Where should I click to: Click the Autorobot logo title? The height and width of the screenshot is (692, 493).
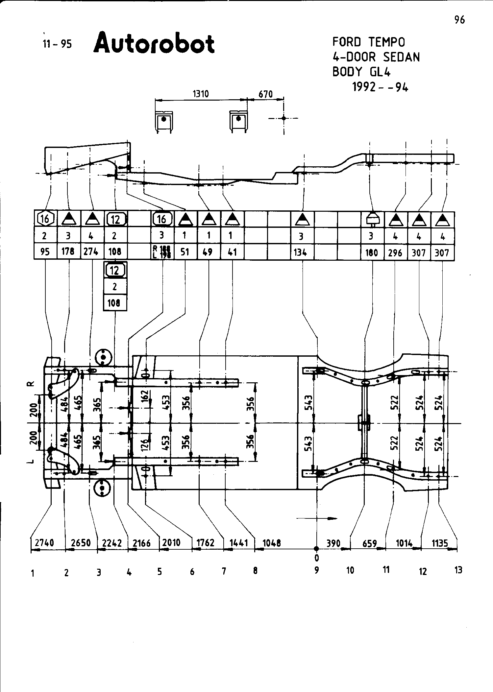click(154, 43)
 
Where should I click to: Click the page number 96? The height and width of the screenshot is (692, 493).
click(459, 20)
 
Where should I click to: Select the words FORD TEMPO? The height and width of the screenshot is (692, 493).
click(369, 42)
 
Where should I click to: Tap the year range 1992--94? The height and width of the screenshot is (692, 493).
click(380, 87)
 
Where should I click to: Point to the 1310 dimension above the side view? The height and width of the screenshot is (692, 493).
click(201, 94)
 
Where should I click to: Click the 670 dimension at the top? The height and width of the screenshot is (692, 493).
click(265, 95)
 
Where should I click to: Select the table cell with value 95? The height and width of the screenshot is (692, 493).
click(45, 252)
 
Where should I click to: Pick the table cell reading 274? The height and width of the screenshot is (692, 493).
click(91, 252)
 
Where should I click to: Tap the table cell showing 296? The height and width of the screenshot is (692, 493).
click(395, 253)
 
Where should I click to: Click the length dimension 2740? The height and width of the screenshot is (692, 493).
click(44, 542)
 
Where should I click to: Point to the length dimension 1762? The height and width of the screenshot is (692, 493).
click(205, 542)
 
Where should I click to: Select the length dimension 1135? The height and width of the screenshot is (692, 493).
click(440, 543)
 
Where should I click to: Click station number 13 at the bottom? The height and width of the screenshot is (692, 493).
click(458, 570)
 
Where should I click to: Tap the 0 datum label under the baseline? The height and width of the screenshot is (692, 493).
click(316, 558)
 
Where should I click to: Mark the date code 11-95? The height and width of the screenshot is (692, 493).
click(57, 44)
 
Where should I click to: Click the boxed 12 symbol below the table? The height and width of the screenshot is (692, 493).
click(114, 270)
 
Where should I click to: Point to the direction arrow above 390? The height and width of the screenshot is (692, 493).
click(317, 518)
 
